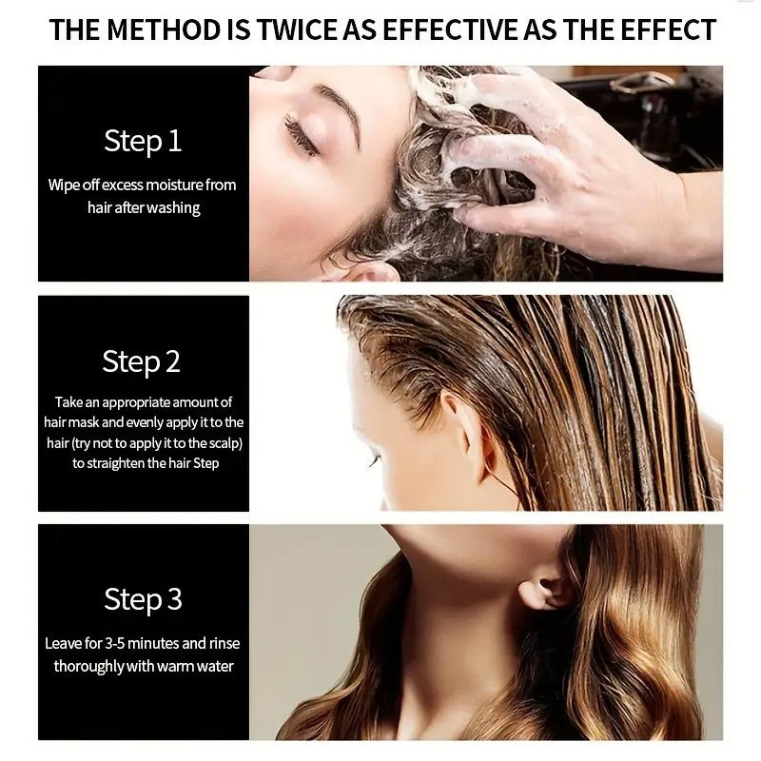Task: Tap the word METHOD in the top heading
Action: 163,29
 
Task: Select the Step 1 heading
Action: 143,141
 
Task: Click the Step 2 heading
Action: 141,361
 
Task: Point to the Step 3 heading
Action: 144,599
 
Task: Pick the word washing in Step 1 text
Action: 173,208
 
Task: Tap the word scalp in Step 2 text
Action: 224,443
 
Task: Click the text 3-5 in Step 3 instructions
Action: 114,644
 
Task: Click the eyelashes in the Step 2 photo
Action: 373,461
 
